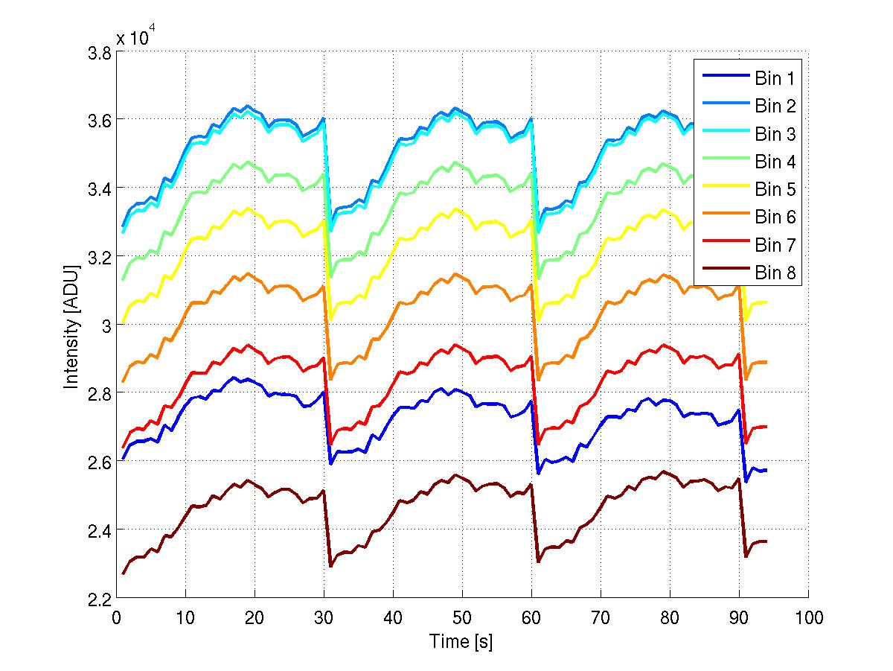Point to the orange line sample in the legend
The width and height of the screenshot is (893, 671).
pyautogui.click(x=723, y=217)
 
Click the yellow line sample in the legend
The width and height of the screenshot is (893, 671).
pyautogui.click(x=723, y=190)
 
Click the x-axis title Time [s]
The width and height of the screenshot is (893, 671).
pyautogui.click(x=461, y=641)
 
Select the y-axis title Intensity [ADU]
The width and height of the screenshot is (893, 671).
pyautogui.click(x=71, y=325)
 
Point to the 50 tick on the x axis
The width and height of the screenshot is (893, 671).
pyautogui.click(x=462, y=617)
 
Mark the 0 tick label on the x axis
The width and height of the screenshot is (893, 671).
pyautogui.click(x=117, y=617)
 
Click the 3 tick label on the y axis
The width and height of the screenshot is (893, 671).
pyautogui.click(x=105, y=326)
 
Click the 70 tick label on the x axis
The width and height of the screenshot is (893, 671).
pyautogui.click(x=601, y=617)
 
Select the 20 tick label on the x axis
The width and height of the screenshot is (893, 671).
pyautogui.click(x=255, y=617)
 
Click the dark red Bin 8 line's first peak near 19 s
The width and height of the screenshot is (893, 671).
pyautogui.click(x=248, y=480)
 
